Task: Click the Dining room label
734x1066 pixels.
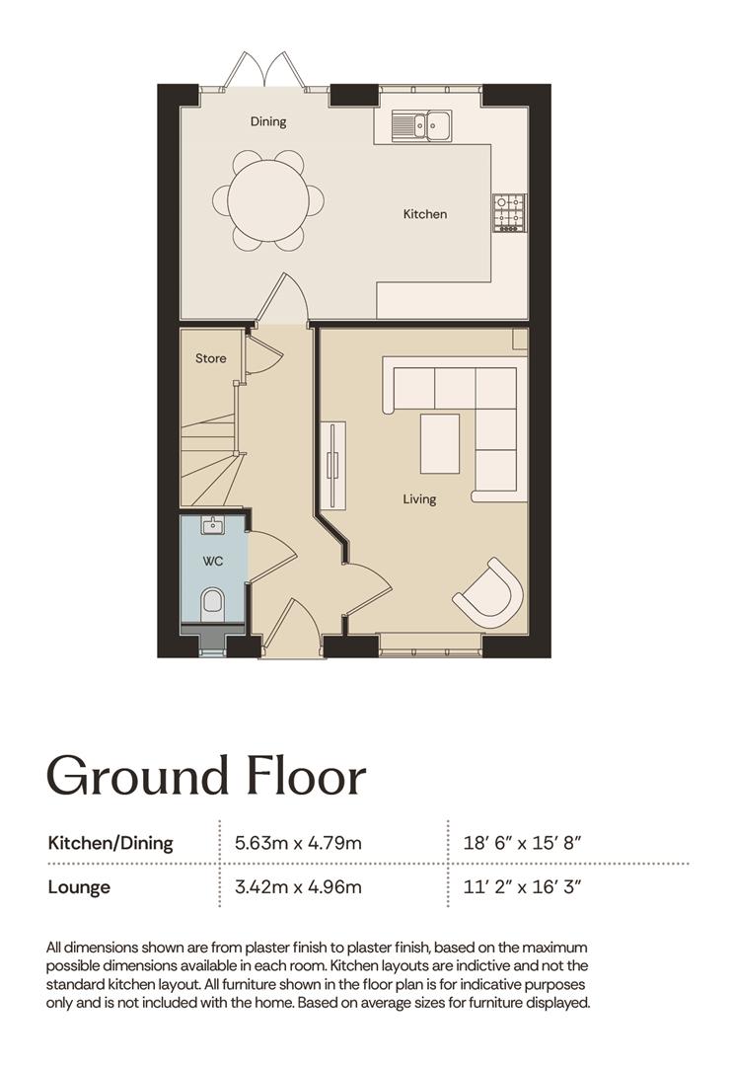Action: pyautogui.click(x=268, y=121)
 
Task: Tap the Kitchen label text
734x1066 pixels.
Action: pyautogui.click(x=425, y=214)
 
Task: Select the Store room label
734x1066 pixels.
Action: pyautogui.click(x=211, y=358)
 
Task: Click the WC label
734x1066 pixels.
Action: pyautogui.click(x=213, y=562)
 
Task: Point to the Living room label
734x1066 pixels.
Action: pyautogui.click(x=419, y=499)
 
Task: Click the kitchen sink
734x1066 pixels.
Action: pyautogui.click(x=421, y=125)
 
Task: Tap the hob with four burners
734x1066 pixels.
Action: pyautogui.click(x=510, y=213)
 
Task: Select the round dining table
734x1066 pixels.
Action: pyautogui.click(x=268, y=201)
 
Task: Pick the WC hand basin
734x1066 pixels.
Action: pyautogui.click(x=213, y=525)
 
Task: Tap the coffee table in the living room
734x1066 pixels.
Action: pyautogui.click(x=440, y=444)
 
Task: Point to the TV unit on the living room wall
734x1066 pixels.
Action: pyautogui.click(x=333, y=465)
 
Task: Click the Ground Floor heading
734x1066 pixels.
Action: pyautogui.click(x=206, y=775)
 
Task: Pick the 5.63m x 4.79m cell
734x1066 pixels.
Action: pyautogui.click(x=298, y=843)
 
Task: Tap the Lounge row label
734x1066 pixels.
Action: pyautogui.click(x=79, y=887)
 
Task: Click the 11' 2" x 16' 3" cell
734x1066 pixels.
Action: pyautogui.click(x=523, y=886)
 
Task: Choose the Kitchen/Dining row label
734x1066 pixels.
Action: pyautogui.click(x=110, y=843)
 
